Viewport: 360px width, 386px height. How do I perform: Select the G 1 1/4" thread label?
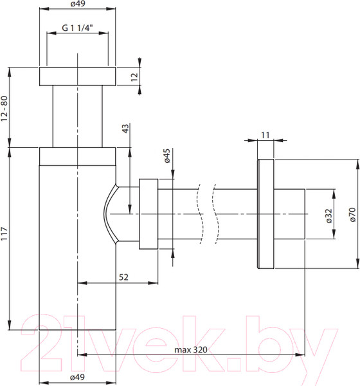point(77,28)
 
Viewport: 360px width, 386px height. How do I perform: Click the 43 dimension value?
point(126,129)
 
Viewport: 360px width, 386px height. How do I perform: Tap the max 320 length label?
point(190,350)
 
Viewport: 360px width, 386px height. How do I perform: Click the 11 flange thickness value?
point(265,134)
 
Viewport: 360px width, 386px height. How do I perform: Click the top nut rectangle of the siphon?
point(77,76)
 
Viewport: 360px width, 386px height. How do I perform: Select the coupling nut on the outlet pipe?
point(148,214)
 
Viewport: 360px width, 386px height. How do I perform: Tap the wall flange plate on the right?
point(265,214)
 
